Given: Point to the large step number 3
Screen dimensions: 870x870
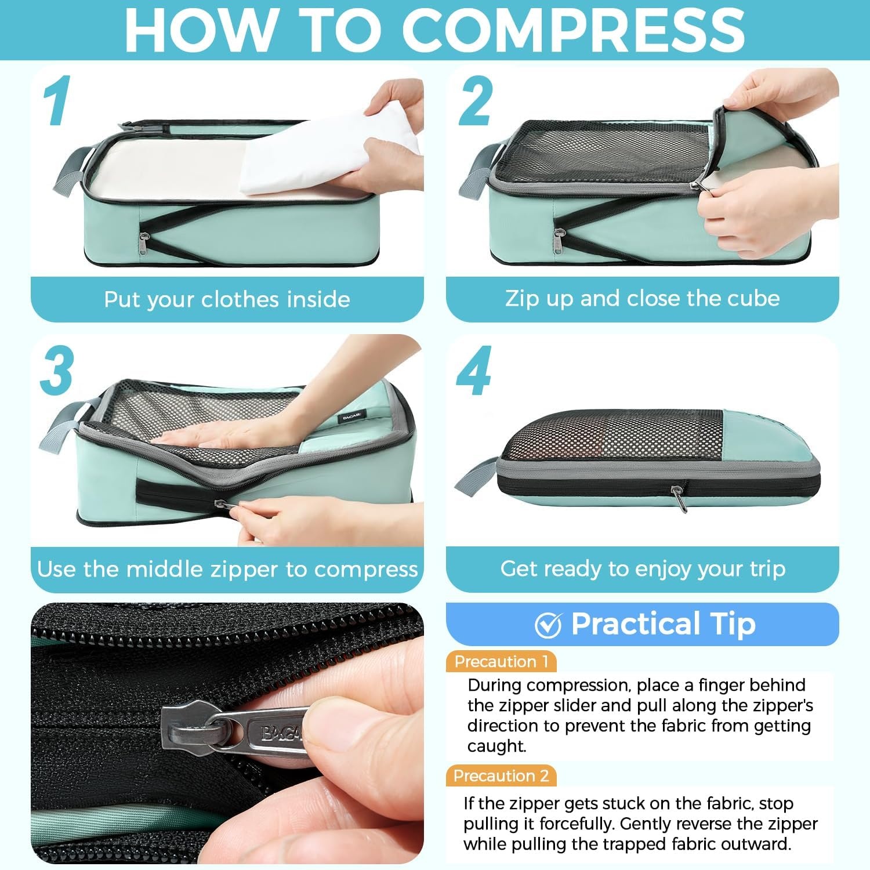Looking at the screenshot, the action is (x=57, y=370).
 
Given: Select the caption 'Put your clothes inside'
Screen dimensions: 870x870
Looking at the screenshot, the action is (x=227, y=299).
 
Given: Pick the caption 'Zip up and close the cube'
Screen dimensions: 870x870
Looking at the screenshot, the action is (x=642, y=298).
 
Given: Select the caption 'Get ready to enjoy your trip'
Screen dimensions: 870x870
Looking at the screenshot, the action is (x=643, y=568).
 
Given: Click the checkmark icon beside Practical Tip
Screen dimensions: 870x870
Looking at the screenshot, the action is (x=548, y=625).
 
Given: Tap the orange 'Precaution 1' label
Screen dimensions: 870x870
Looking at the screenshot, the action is (x=501, y=661).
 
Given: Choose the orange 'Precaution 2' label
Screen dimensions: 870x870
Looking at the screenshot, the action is (x=501, y=775).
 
